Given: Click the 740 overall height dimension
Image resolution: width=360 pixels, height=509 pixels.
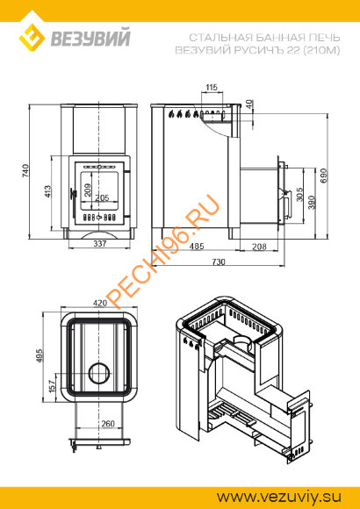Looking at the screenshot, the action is (25, 171).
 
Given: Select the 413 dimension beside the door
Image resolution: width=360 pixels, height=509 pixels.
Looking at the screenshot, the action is (47, 191).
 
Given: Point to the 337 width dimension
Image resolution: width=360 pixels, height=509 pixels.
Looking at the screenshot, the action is (100, 243).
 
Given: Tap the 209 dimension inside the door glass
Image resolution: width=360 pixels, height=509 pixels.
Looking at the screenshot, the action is (88, 190).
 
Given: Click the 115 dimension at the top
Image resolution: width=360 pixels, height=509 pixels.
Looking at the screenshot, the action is (212, 88).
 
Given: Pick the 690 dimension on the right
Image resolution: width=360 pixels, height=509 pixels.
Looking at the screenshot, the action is (324, 176).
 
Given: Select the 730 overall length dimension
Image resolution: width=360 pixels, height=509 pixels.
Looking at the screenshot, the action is (219, 262).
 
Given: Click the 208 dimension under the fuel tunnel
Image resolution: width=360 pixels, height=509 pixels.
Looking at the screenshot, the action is (259, 247).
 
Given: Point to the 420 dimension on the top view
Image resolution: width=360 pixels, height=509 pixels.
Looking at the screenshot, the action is (100, 303).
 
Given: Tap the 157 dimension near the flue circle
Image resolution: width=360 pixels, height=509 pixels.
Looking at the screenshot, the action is (51, 386).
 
